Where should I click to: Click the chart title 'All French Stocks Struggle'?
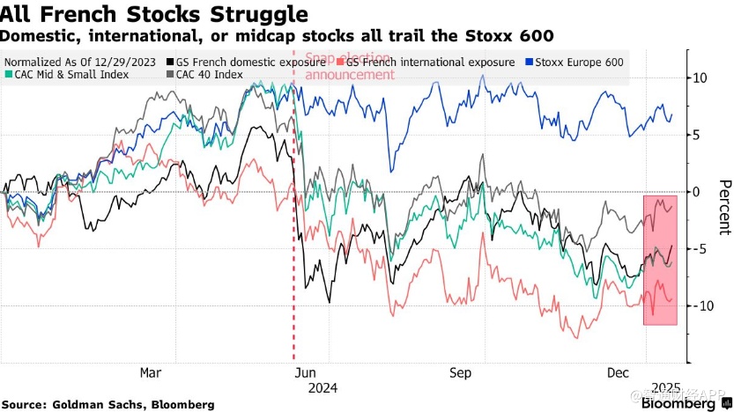point(154,15)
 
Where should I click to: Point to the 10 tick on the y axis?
point(700,77)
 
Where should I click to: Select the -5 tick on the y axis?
point(700,249)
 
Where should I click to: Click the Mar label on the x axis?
point(152,372)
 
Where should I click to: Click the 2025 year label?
point(666,387)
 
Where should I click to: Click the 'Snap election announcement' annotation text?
point(349,67)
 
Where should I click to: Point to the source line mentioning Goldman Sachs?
point(108,404)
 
